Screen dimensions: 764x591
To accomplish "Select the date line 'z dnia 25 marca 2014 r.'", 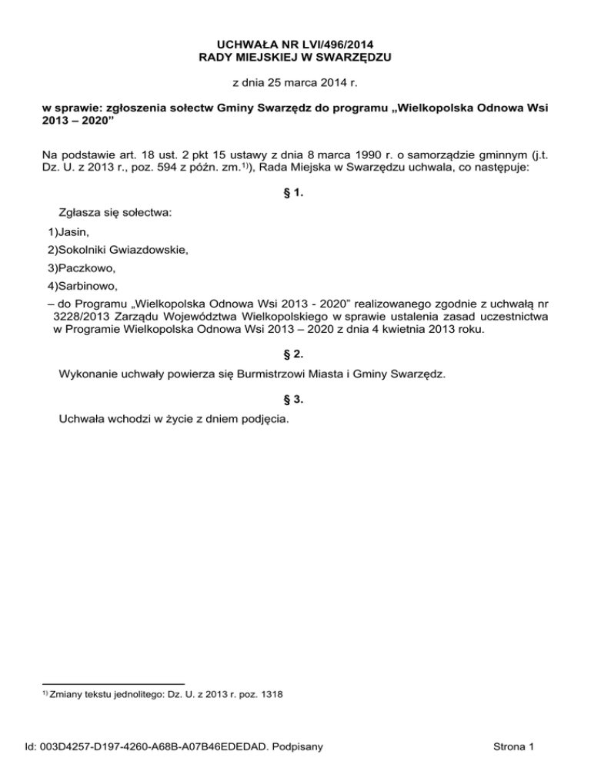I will (x=295, y=81).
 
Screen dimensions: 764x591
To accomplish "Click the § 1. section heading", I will (x=295, y=194).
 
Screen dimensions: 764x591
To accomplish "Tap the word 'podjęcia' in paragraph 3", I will (x=265, y=419).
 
